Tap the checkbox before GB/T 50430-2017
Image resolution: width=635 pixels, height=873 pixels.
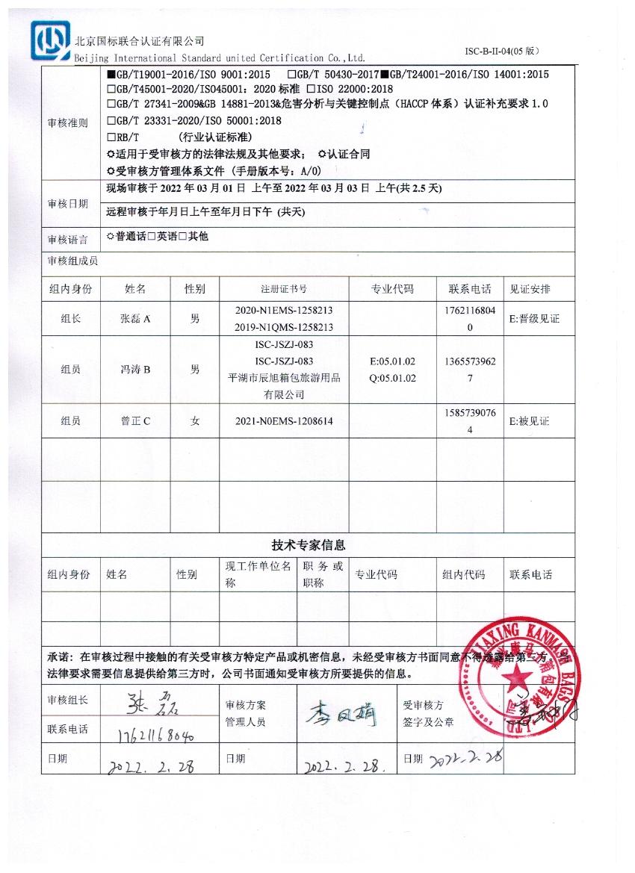coord(291,75)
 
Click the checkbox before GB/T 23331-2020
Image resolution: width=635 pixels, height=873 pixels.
coord(111,120)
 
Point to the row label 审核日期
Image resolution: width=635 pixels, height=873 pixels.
coord(67,204)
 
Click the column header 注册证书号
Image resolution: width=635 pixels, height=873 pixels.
coord(283,289)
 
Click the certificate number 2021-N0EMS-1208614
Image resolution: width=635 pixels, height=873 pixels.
coord(284,421)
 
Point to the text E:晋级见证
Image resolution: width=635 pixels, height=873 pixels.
coord(534,319)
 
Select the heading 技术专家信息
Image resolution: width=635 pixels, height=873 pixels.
coord(308,545)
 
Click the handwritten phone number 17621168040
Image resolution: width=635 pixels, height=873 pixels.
coord(156,735)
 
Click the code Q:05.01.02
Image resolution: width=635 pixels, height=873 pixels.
coord(393,378)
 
